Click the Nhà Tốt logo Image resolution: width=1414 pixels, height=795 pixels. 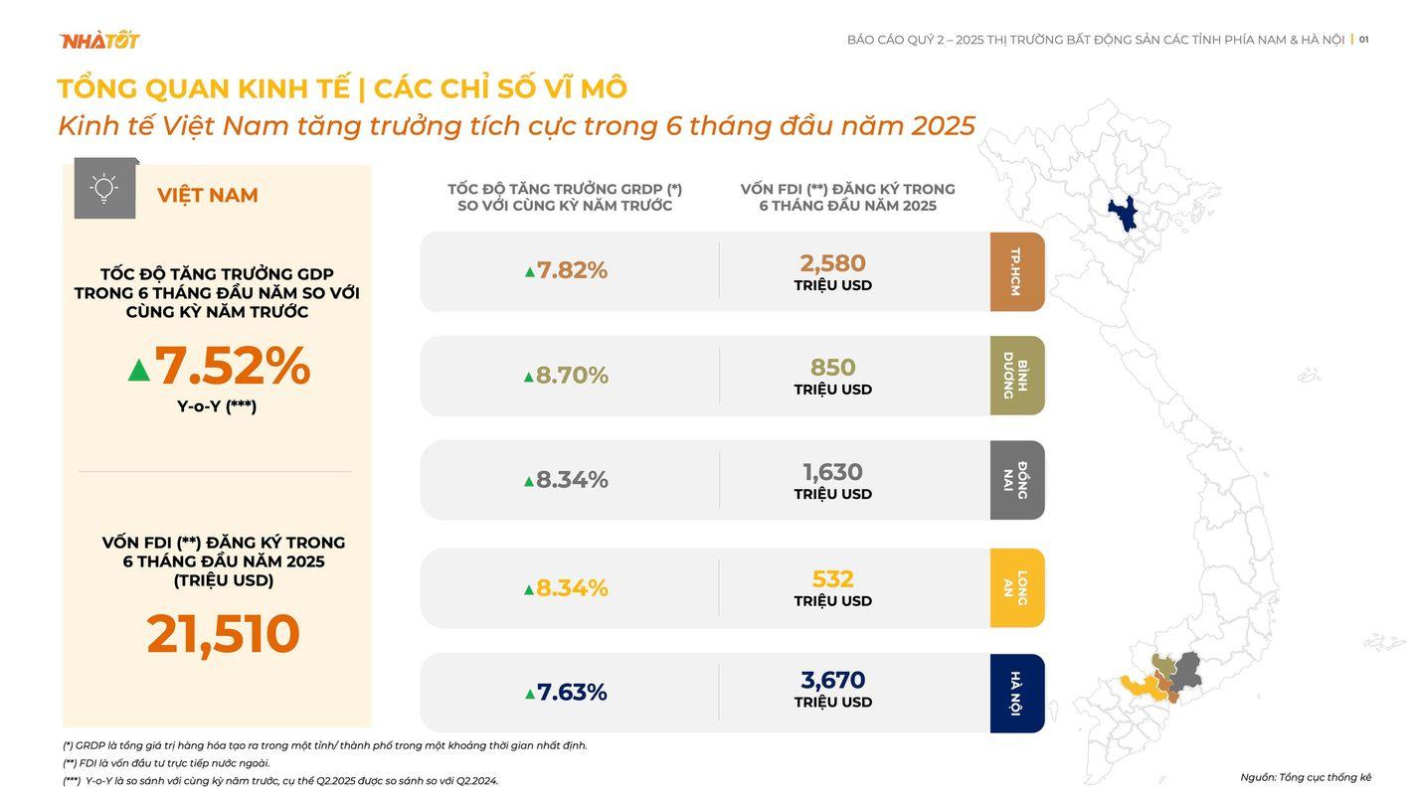[99, 40]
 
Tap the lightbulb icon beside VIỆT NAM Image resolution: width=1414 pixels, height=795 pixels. [104, 188]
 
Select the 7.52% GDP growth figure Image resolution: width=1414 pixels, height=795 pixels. [232, 366]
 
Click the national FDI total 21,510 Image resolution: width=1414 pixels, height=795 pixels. [223, 634]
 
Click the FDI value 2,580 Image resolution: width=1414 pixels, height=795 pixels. [832, 263]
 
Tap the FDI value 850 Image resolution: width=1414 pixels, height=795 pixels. [832, 368]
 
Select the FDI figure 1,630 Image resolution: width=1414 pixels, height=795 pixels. [832, 472]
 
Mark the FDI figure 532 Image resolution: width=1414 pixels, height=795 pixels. [832, 579]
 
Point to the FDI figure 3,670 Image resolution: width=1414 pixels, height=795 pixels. [832, 681]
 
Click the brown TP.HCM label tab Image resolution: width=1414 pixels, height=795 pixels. [1017, 271]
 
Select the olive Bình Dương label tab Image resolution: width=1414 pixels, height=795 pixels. [1017, 376]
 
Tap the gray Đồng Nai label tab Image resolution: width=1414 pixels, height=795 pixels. [1017, 480]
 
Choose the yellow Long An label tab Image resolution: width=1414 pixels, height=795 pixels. [1017, 588]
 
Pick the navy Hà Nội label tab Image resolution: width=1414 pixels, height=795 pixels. [1017, 694]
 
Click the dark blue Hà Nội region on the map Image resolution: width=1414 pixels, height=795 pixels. [1124, 213]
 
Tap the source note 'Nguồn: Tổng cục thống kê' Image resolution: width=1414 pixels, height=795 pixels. [1306, 777]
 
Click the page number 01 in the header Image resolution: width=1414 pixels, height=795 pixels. [1363, 40]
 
